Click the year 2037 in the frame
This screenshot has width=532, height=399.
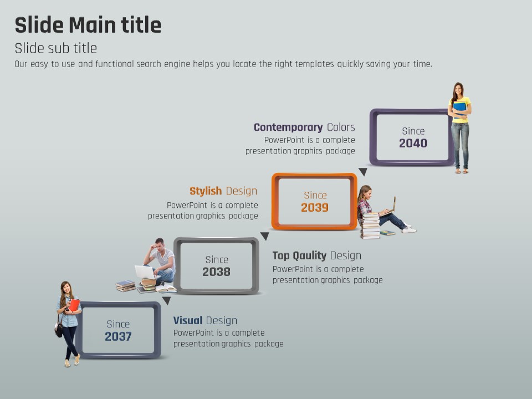[x=118, y=336]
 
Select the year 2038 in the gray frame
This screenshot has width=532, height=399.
[x=217, y=272]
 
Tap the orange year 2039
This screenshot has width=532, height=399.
[x=315, y=207]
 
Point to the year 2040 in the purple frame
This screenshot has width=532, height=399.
[x=413, y=143]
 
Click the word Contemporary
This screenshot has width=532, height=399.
[x=288, y=127]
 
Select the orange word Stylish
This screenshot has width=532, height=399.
[x=206, y=191]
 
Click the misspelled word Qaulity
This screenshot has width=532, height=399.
[x=309, y=255]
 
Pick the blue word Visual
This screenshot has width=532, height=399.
[x=188, y=320]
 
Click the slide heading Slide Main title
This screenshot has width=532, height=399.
[x=88, y=25]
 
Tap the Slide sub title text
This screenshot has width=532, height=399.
[x=56, y=48]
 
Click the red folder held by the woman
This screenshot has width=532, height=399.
[x=74, y=305]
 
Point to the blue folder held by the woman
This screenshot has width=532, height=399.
[x=460, y=110]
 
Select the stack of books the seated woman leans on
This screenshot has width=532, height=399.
[x=370, y=226]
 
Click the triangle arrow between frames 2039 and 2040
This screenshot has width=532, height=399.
[x=363, y=172]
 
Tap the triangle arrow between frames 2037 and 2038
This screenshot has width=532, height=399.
[x=166, y=300]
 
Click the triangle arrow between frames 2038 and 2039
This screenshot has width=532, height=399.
[x=265, y=236]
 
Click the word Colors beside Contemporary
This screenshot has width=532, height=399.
[x=341, y=127]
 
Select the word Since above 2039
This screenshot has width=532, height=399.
[x=315, y=196]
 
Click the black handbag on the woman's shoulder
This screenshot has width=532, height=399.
[x=59, y=329]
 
